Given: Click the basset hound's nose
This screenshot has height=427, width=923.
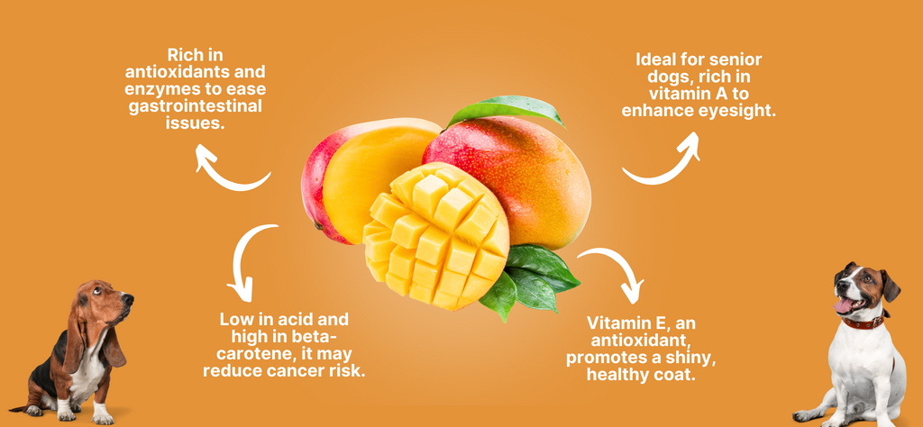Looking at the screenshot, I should [x=128, y=298].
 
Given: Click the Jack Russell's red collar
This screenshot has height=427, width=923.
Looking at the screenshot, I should [x=864, y=321].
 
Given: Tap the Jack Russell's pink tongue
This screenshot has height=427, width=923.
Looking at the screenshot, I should [x=845, y=306].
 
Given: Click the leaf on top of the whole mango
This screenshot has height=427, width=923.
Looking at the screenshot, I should [x=507, y=110].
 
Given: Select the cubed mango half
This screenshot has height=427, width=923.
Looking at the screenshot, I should [x=436, y=236].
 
